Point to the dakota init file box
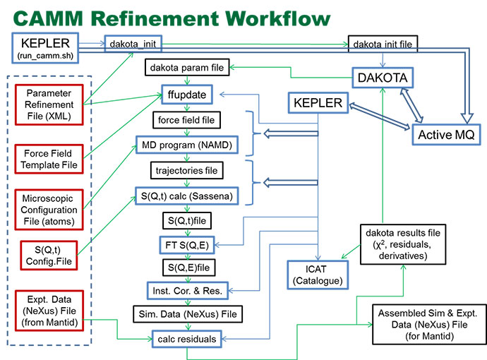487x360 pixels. click(x=383, y=44)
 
